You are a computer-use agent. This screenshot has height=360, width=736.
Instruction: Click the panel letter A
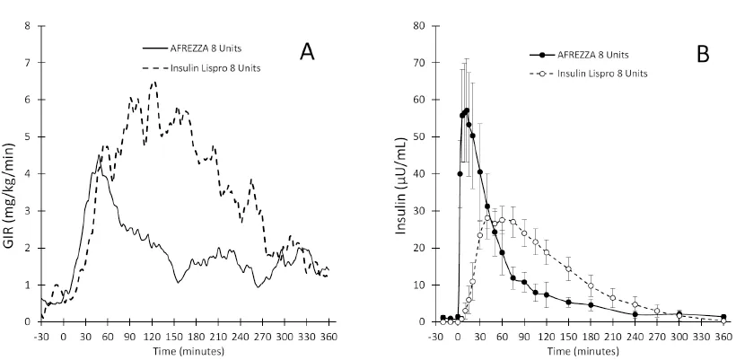(307, 52)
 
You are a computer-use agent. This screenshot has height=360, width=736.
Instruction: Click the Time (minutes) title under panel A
(185, 351)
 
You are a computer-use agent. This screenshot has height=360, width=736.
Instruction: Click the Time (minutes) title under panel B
(580, 351)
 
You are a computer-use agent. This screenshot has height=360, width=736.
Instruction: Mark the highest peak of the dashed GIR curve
(154, 82)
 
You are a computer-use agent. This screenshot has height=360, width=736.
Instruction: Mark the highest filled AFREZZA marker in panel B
(467, 110)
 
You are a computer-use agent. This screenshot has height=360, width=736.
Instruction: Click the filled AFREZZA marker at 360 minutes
(723, 316)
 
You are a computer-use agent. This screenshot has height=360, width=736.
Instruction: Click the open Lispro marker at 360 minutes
(723, 320)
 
